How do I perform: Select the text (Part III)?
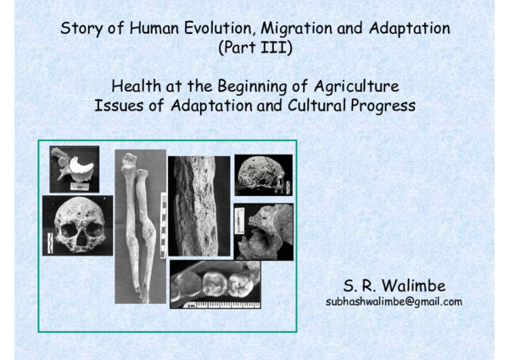coord(255,48)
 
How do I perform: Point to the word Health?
coord(135,87)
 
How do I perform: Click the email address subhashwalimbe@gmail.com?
coord(394,301)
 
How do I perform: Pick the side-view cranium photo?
coord(263,175)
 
